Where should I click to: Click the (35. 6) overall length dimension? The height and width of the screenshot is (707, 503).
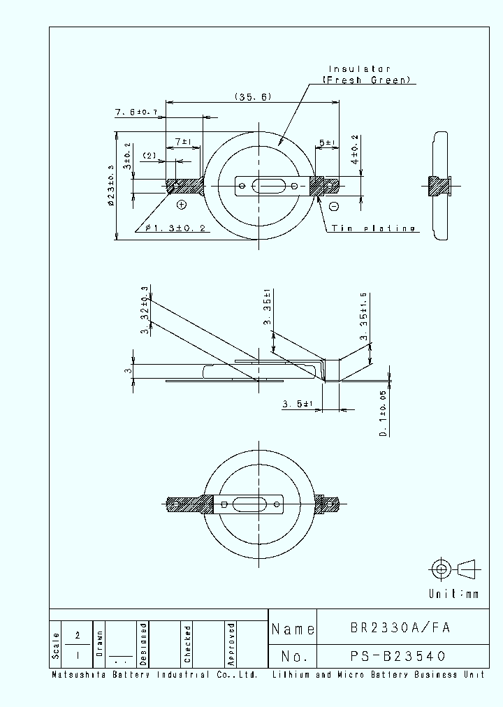coord(253,97)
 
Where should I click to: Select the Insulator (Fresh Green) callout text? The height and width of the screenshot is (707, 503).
coord(370,75)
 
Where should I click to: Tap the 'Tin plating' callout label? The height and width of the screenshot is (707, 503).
coord(373,228)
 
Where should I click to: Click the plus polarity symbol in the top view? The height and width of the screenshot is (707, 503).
coord(182,204)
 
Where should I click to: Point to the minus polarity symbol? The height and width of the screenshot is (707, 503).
coord(334,205)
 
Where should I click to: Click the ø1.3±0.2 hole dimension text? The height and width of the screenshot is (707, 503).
coord(175,228)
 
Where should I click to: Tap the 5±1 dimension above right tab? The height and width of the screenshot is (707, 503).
coord(328,143)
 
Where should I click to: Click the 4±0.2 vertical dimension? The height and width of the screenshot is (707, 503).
coord(356,150)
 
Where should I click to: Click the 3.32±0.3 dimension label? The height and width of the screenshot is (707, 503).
coord(145,310)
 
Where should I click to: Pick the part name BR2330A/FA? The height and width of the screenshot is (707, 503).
coord(400,627)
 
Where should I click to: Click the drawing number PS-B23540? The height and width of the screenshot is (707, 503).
coord(398,656)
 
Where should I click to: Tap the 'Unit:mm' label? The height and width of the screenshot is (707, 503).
coord(454,594)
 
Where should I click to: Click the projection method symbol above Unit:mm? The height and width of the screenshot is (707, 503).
coord(454,569)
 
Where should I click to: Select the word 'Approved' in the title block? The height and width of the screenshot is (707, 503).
coord(231,643)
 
